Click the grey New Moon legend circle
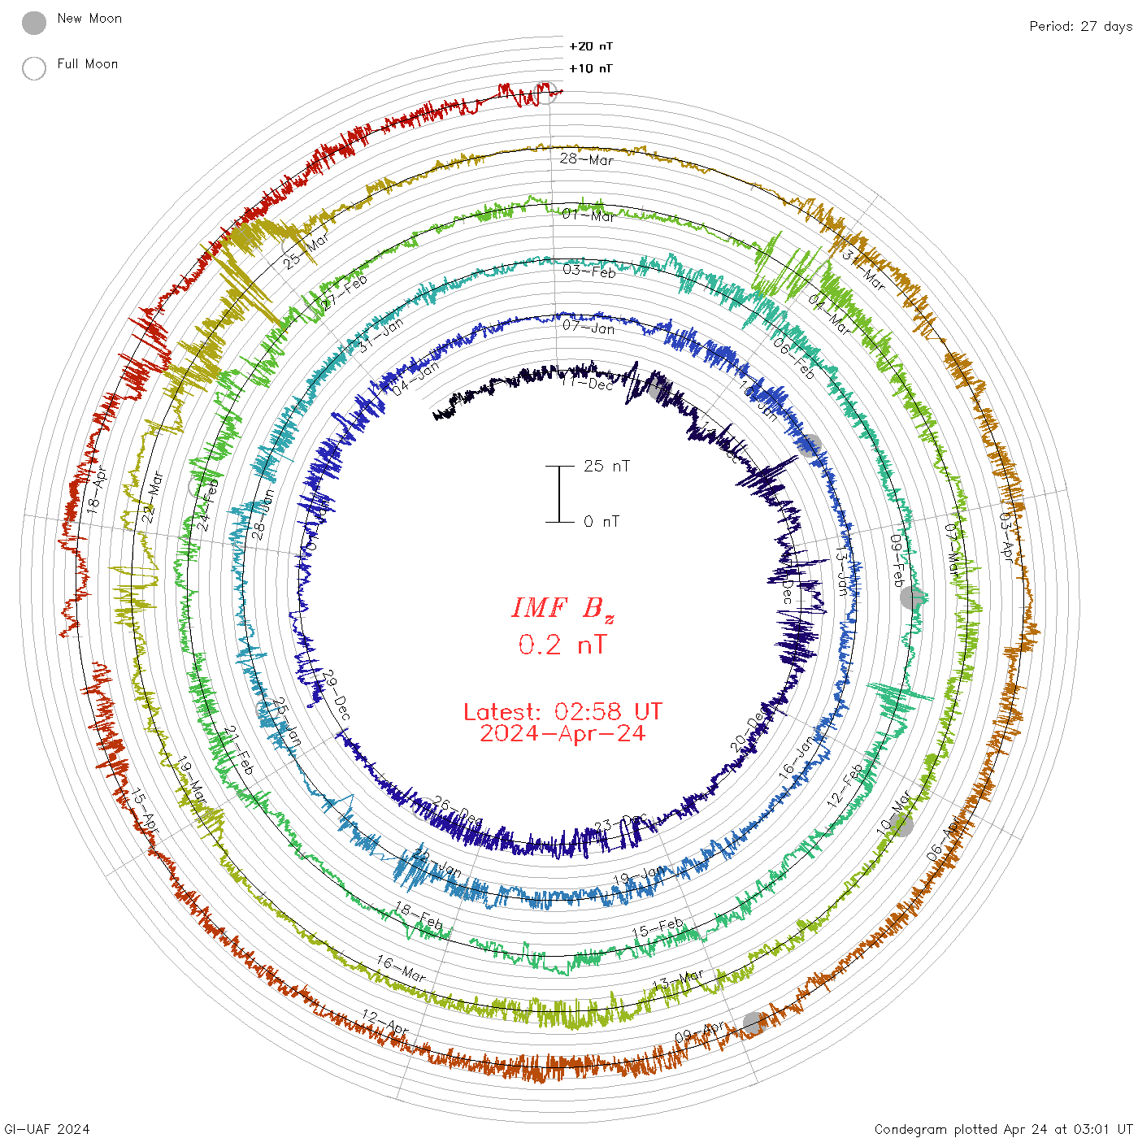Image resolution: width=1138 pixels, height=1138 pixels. (x=34, y=24)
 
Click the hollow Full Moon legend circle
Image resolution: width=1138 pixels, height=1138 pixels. (x=34, y=68)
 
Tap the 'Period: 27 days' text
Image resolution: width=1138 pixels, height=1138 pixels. (x=1080, y=26)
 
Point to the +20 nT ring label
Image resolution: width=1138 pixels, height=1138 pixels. (x=591, y=46)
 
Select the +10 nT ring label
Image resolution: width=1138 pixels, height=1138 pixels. (x=591, y=68)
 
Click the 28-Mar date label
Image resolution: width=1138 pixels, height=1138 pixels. (x=586, y=159)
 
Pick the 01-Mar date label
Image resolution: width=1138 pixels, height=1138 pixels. (x=589, y=215)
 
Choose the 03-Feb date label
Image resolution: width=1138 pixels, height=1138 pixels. (x=589, y=271)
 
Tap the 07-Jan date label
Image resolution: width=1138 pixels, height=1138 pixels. (x=589, y=327)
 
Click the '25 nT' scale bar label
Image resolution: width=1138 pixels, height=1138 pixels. (x=606, y=466)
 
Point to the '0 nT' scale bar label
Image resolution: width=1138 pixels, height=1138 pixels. (x=602, y=521)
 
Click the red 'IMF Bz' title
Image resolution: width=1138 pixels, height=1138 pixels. (x=562, y=608)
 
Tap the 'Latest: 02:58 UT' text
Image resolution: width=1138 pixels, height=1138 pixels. (x=562, y=712)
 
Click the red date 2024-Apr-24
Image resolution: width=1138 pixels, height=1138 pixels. (x=562, y=733)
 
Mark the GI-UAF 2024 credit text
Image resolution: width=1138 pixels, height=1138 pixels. (x=46, y=1128)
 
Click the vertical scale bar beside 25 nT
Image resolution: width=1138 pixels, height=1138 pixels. (x=559, y=494)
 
